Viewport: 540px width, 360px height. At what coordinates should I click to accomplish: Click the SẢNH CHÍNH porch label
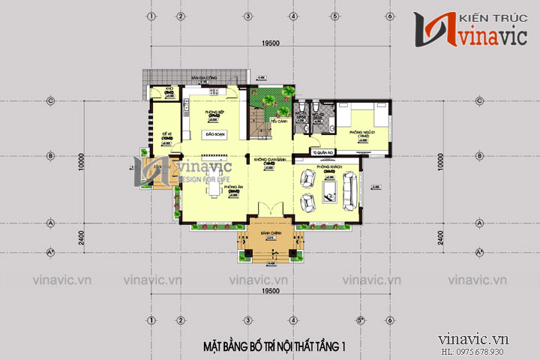coord(271,234)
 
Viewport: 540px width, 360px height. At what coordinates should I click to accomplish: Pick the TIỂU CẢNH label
coord(279,120)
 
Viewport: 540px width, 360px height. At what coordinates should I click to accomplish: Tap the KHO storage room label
coord(169,89)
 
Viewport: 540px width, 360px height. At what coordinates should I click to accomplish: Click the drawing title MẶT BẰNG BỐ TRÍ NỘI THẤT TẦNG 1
coord(274,346)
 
